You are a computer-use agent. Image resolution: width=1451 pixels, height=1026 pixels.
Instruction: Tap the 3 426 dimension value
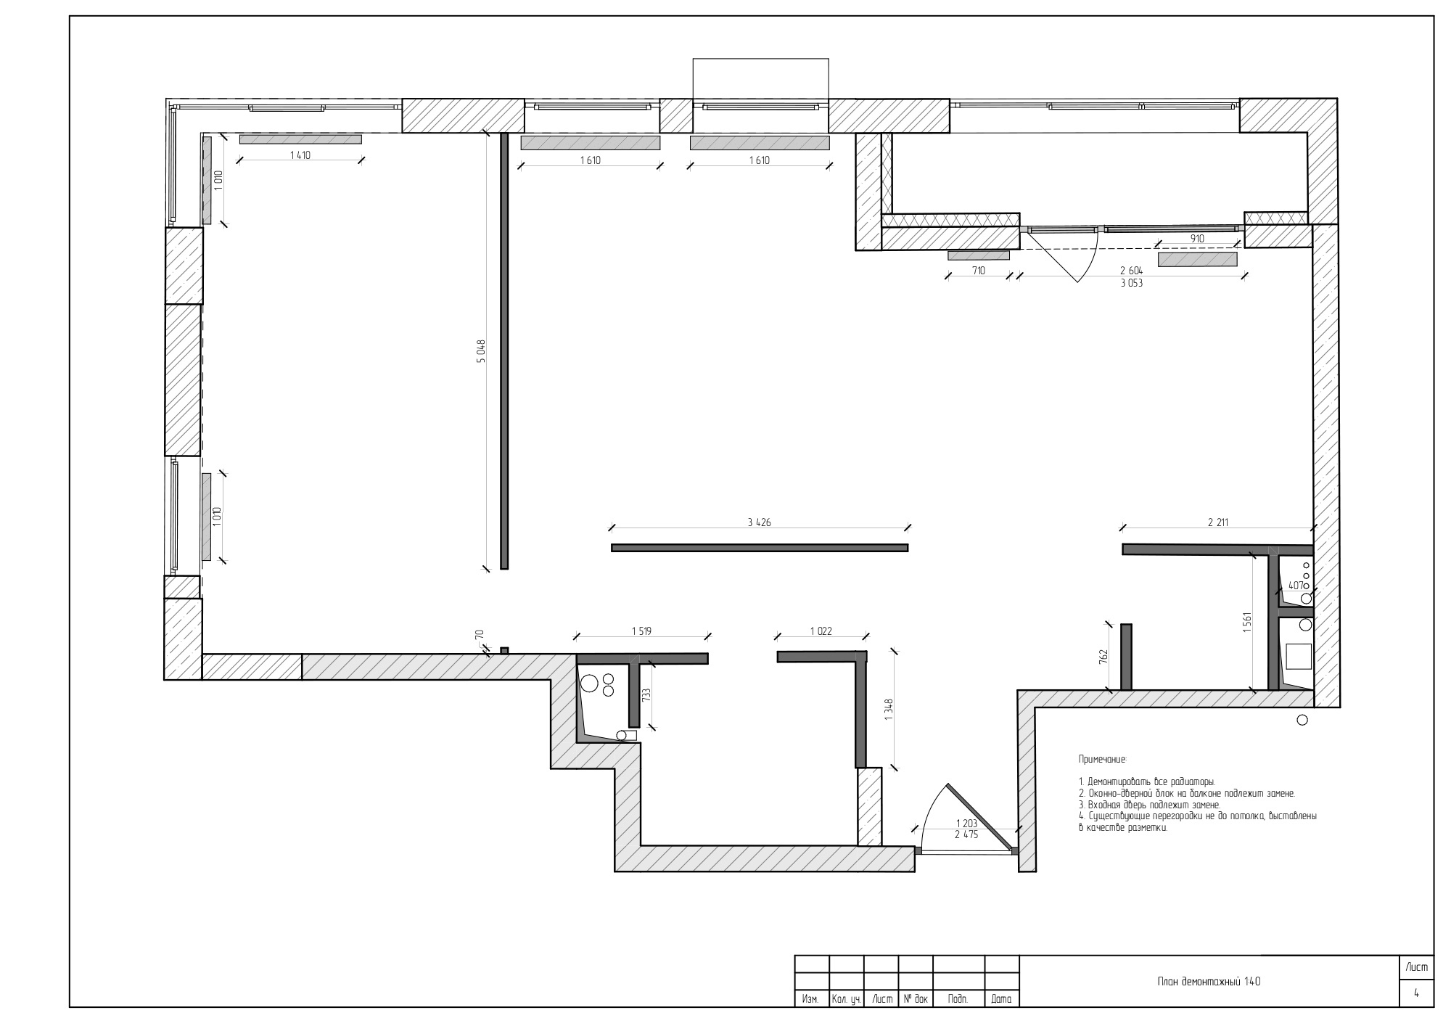pyautogui.click(x=758, y=522)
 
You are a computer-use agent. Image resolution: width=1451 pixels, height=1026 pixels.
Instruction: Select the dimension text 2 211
pyautogui.click(x=1218, y=522)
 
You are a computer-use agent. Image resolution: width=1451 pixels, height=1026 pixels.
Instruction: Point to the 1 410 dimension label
pyautogui.click(x=300, y=155)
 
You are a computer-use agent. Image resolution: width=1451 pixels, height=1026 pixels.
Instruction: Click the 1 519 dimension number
pyautogui.click(x=641, y=631)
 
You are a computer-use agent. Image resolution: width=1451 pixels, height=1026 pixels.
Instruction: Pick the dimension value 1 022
pyautogui.click(x=820, y=631)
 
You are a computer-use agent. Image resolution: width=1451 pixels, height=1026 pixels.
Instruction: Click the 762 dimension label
pyautogui.click(x=1103, y=657)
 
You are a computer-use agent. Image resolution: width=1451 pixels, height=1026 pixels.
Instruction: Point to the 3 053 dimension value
pyautogui.click(x=1131, y=284)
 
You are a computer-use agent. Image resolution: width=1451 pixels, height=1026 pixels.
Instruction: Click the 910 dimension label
pyautogui.click(x=1197, y=238)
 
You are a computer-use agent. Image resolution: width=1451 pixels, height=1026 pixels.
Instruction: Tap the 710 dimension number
pyautogui.click(x=979, y=271)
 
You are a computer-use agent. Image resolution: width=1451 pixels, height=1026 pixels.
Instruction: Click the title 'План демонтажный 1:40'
pyautogui.click(x=1209, y=981)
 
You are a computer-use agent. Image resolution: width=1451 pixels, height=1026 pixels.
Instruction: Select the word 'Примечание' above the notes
pyautogui.click(x=1103, y=759)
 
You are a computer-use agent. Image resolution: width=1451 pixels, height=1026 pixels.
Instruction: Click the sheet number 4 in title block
pyautogui.click(x=1416, y=994)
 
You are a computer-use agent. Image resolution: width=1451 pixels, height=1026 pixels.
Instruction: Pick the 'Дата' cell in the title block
pyautogui.click(x=1001, y=999)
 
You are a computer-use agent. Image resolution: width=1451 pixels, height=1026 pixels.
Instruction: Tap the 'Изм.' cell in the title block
pyautogui.click(x=811, y=999)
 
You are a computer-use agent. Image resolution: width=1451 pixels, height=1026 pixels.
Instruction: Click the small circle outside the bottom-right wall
pyautogui.click(x=1302, y=720)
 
